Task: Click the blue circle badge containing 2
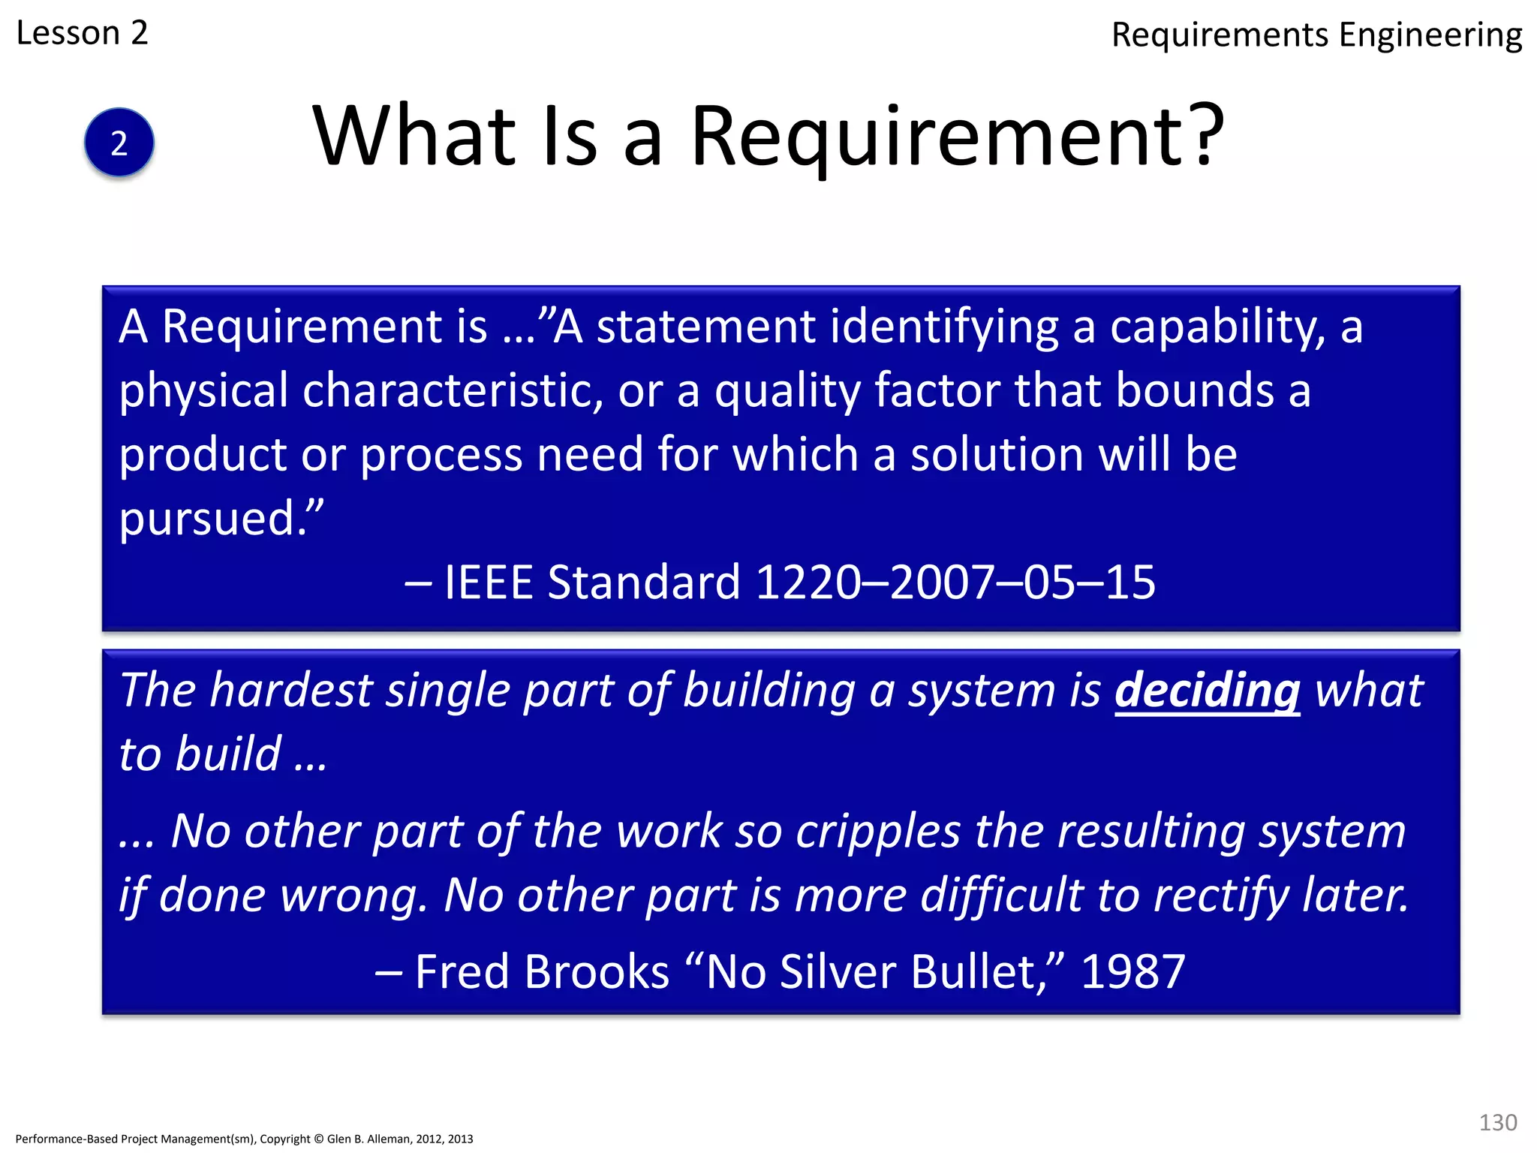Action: coord(119,143)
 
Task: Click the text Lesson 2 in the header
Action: coord(82,33)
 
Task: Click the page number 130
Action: coord(1497,1122)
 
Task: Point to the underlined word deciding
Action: coord(1207,690)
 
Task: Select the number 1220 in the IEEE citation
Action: coord(808,583)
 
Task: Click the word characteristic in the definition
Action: coord(453,391)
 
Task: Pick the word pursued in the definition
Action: coord(208,519)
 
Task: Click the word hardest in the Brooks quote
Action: coord(290,690)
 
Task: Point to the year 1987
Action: coord(1132,972)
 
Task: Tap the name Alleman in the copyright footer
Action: coord(387,1139)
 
